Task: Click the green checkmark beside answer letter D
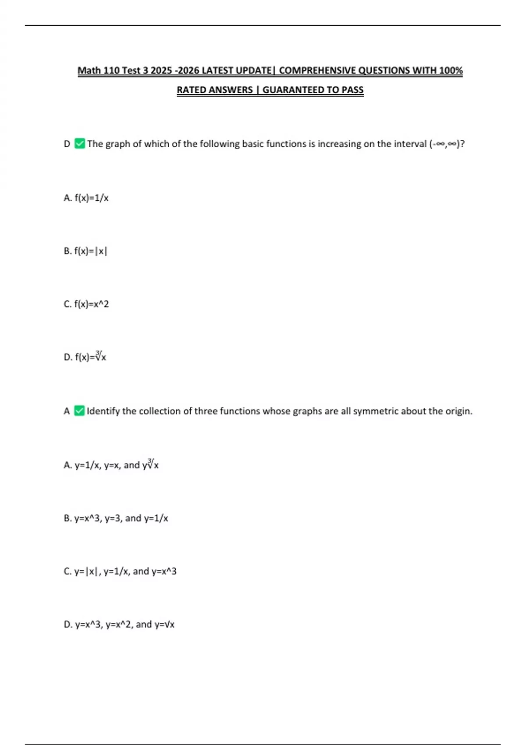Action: [x=79, y=144]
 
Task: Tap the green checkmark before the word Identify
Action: [x=79, y=411]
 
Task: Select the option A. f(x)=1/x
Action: [x=86, y=198]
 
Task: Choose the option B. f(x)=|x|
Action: [x=85, y=251]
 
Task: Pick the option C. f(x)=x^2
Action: [x=86, y=304]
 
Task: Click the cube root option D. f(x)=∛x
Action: [x=85, y=357]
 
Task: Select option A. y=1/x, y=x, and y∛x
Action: [x=111, y=465]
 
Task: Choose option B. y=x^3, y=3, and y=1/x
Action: [x=116, y=518]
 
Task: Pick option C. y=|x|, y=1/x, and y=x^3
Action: [x=120, y=571]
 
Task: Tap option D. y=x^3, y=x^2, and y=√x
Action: [x=119, y=624]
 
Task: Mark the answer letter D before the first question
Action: [x=67, y=144]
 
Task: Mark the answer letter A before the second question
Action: [x=67, y=411]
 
